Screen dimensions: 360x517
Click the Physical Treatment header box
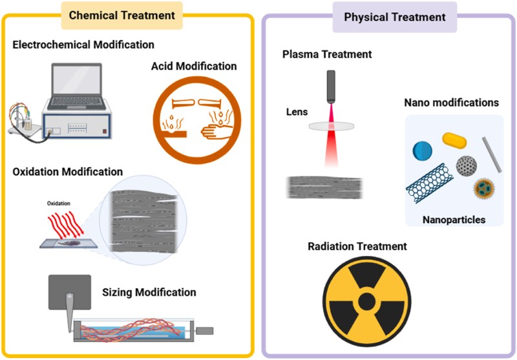tap(394, 16)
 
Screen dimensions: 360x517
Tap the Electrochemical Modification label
tap(83, 45)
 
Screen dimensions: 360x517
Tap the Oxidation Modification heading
tap(67, 172)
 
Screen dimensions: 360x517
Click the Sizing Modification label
tap(149, 292)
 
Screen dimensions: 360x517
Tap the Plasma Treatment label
tap(327, 54)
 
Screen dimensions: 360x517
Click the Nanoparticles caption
tap(453, 220)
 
